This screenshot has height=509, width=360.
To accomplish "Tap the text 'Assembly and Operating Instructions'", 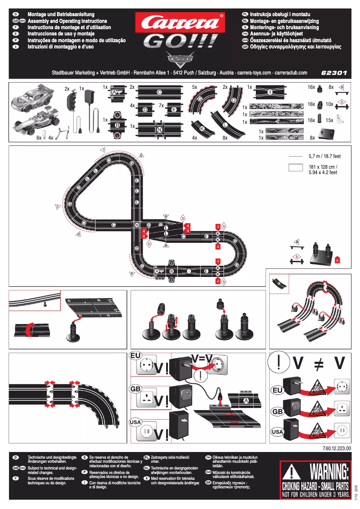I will coord(67,21).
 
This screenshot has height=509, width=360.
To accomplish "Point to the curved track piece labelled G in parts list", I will coord(201,101).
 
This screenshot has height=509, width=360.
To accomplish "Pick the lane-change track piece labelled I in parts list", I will coord(270,92).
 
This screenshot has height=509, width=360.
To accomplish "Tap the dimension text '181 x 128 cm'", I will coord(323,167).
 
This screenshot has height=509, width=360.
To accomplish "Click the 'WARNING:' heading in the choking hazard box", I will coord(329,473).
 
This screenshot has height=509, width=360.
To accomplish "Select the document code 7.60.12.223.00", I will coord(336,448).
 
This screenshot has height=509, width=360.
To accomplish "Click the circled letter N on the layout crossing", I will coord(136,224).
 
